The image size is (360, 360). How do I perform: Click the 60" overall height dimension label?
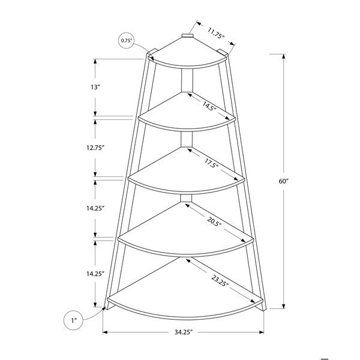point(283,181)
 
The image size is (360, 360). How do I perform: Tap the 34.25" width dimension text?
point(183,332)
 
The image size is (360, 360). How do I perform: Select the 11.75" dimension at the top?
point(216,33)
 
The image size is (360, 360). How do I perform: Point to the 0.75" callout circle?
point(127,41)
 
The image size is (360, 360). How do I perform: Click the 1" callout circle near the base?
point(73,320)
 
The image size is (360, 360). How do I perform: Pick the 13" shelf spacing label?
point(95,87)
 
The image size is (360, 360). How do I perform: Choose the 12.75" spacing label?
point(95,148)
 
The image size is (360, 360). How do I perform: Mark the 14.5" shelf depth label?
point(209,106)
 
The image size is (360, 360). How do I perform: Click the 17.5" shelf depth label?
point(211,163)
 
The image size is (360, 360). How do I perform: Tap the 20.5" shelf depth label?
point(214,221)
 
